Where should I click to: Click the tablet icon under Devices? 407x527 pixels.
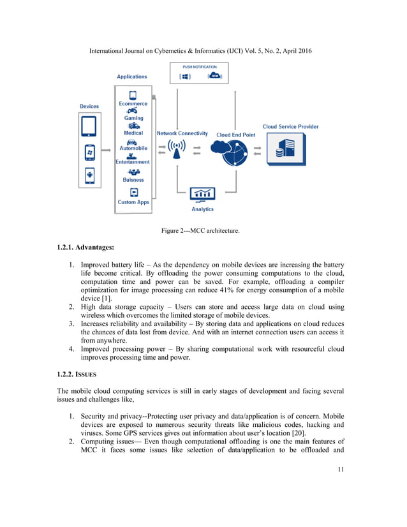click(89, 126)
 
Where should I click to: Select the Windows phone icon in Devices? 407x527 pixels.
click(89, 152)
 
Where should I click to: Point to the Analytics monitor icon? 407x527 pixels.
click(202, 194)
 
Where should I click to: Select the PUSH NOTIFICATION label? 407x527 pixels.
click(199, 66)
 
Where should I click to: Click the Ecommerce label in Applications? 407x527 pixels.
click(133, 103)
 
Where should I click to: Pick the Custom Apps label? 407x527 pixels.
click(133, 202)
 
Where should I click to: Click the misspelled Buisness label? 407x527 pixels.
click(133, 180)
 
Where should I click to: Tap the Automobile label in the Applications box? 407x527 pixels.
click(133, 148)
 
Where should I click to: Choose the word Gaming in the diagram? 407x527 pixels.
click(133, 118)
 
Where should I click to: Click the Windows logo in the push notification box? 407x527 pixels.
click(186, 77)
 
